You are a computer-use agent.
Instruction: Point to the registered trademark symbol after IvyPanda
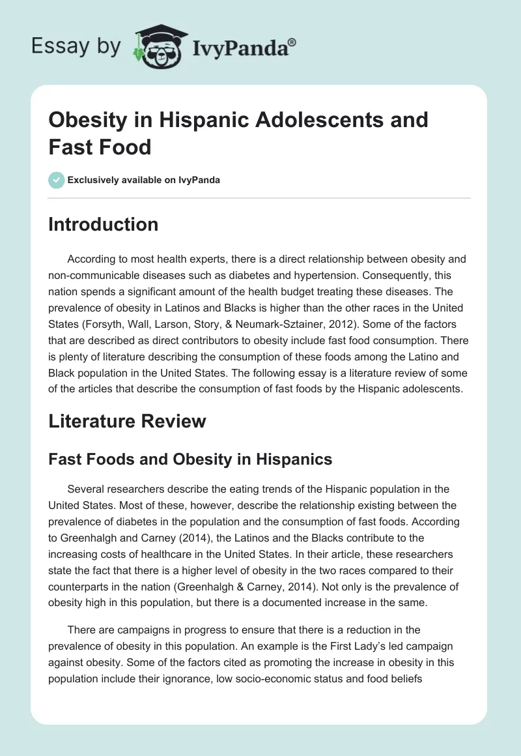292,42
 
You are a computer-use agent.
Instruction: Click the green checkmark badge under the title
56,180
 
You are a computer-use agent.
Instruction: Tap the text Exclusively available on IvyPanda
144,181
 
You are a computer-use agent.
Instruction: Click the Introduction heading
103,225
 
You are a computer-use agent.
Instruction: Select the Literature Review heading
127,421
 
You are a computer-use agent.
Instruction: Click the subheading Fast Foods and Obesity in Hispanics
190,459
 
